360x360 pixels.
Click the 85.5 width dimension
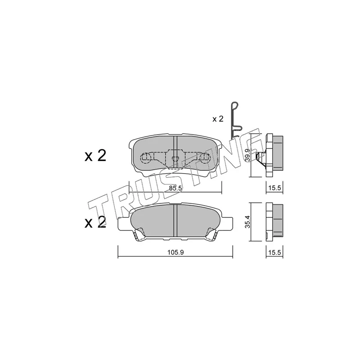(x=175, y=188)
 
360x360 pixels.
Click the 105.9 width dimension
(x=175, y=252)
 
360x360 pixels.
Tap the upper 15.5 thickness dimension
(x=274, y=188)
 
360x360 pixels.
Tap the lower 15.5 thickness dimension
(x=274, y=252)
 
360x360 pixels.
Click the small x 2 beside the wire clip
(x=218, y=119)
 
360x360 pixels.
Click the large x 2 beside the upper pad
(x=95, y=156)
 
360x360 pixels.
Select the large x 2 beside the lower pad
(x=95, y=222)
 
